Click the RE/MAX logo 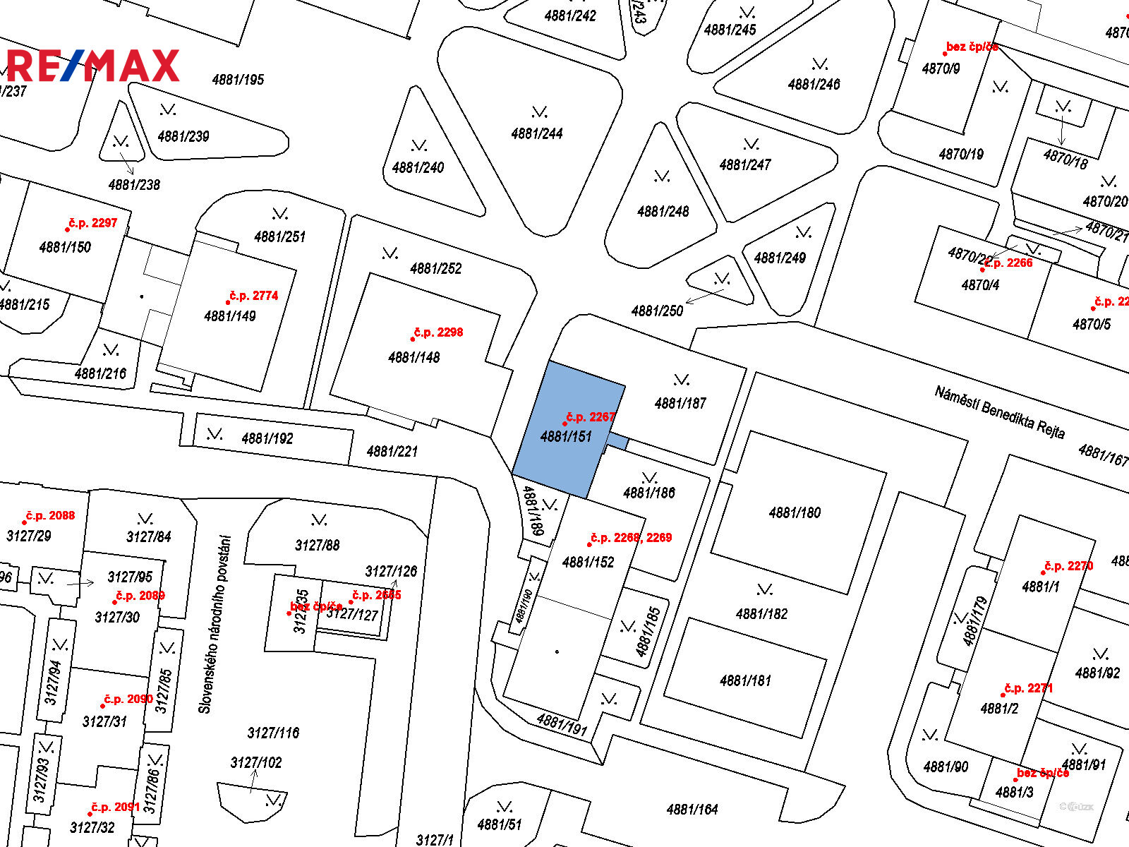93,66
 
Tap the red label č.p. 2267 591,417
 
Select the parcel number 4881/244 537,133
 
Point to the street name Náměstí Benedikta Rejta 999,412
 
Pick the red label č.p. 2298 438,332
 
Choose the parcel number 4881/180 795,512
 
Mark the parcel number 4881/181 745,680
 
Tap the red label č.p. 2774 253,296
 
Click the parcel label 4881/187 680,403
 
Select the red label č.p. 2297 92,223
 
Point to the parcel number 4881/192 267,438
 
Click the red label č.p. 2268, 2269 631,538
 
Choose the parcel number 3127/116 273,733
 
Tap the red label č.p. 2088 50,516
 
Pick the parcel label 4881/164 692,809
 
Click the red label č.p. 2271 1028,688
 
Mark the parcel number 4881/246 814,85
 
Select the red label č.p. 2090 128,699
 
